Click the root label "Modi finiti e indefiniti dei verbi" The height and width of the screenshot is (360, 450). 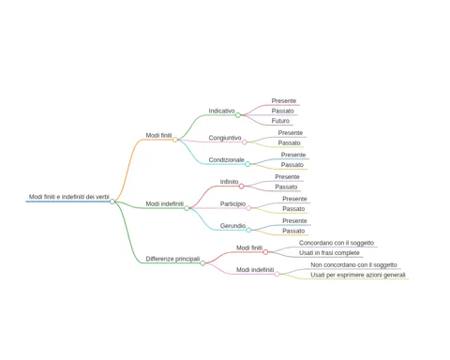point(69,197)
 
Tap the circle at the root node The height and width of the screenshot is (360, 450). point(112,202)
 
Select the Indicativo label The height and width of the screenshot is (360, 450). point(221,111)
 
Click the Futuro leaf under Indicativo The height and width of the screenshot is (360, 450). point(280,121)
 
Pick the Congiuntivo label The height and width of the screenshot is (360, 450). point(225,138)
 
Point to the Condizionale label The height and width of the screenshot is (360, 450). point(226,160)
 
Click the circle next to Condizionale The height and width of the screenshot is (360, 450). point(247,164)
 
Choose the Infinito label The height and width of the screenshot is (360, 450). point(229,182)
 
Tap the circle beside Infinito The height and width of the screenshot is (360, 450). point(241,187)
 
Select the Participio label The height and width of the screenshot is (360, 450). point(232,204)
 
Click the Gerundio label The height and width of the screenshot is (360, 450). point(232,226)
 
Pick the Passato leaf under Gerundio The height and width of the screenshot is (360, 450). point(293,231)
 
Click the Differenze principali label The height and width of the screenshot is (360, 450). point(172,259)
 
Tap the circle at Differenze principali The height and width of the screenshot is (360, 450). point(202,263)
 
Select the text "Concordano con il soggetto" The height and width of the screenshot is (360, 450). point(337,243)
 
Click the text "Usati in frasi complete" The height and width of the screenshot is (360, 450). point(329,253)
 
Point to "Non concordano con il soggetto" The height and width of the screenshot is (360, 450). point(353,265)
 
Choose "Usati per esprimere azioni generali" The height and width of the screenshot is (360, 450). point(358,275)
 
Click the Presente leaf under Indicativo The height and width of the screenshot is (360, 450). point(284,101)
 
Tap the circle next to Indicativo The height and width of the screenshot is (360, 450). point(238,115)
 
